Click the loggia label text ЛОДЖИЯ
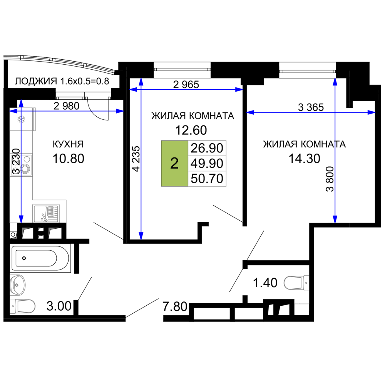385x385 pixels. (36, 81)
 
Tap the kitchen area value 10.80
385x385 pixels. (68, 159)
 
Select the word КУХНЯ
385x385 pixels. (68, 144)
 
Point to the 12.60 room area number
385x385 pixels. (191, 130)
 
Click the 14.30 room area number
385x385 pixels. (304, 159)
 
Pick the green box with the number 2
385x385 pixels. (174, 163)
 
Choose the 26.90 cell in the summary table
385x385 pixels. (207, 148)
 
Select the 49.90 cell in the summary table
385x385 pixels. (207, 163)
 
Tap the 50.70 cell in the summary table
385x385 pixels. (207, 179)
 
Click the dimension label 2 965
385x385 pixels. (186, 85)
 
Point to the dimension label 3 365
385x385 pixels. (311, 107)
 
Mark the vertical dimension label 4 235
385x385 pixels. (136, 159)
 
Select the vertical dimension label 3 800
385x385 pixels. (330, 179)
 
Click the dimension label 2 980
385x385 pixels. (66, 106)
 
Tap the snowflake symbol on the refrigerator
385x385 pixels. (21, 120)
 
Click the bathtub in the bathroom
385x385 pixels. (40, 258)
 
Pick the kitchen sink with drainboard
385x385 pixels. (46, 214)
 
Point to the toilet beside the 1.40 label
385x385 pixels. (296, 283)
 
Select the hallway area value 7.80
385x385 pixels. (175, 307)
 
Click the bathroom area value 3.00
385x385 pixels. (59, 306)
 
